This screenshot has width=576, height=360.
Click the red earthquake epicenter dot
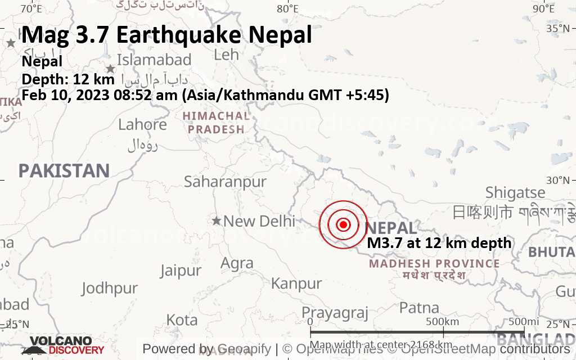coord(343,224)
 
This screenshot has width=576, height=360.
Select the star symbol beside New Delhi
coord(217,220)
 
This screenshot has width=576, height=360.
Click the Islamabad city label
coord(154,60)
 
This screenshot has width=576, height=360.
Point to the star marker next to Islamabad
coord(111,69)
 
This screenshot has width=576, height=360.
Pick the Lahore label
coord(142,124)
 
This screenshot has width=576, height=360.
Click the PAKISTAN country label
coord(64,170)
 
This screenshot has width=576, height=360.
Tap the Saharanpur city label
coord(225,182)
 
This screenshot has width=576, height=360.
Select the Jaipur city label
coord(180,271)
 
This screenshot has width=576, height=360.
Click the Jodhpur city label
coord(109,289)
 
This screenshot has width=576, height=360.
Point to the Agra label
coord(237,263)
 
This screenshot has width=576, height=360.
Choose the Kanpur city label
coord(296,283)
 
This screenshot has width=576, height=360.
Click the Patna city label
coord(419,308)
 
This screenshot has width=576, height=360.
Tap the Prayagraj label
coord(335,312)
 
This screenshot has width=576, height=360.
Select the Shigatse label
coord(515,192)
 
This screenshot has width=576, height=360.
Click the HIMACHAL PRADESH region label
coord(216,123)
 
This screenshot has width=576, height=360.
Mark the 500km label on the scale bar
coord(442,321)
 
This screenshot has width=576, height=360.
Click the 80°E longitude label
coord(288,8)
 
